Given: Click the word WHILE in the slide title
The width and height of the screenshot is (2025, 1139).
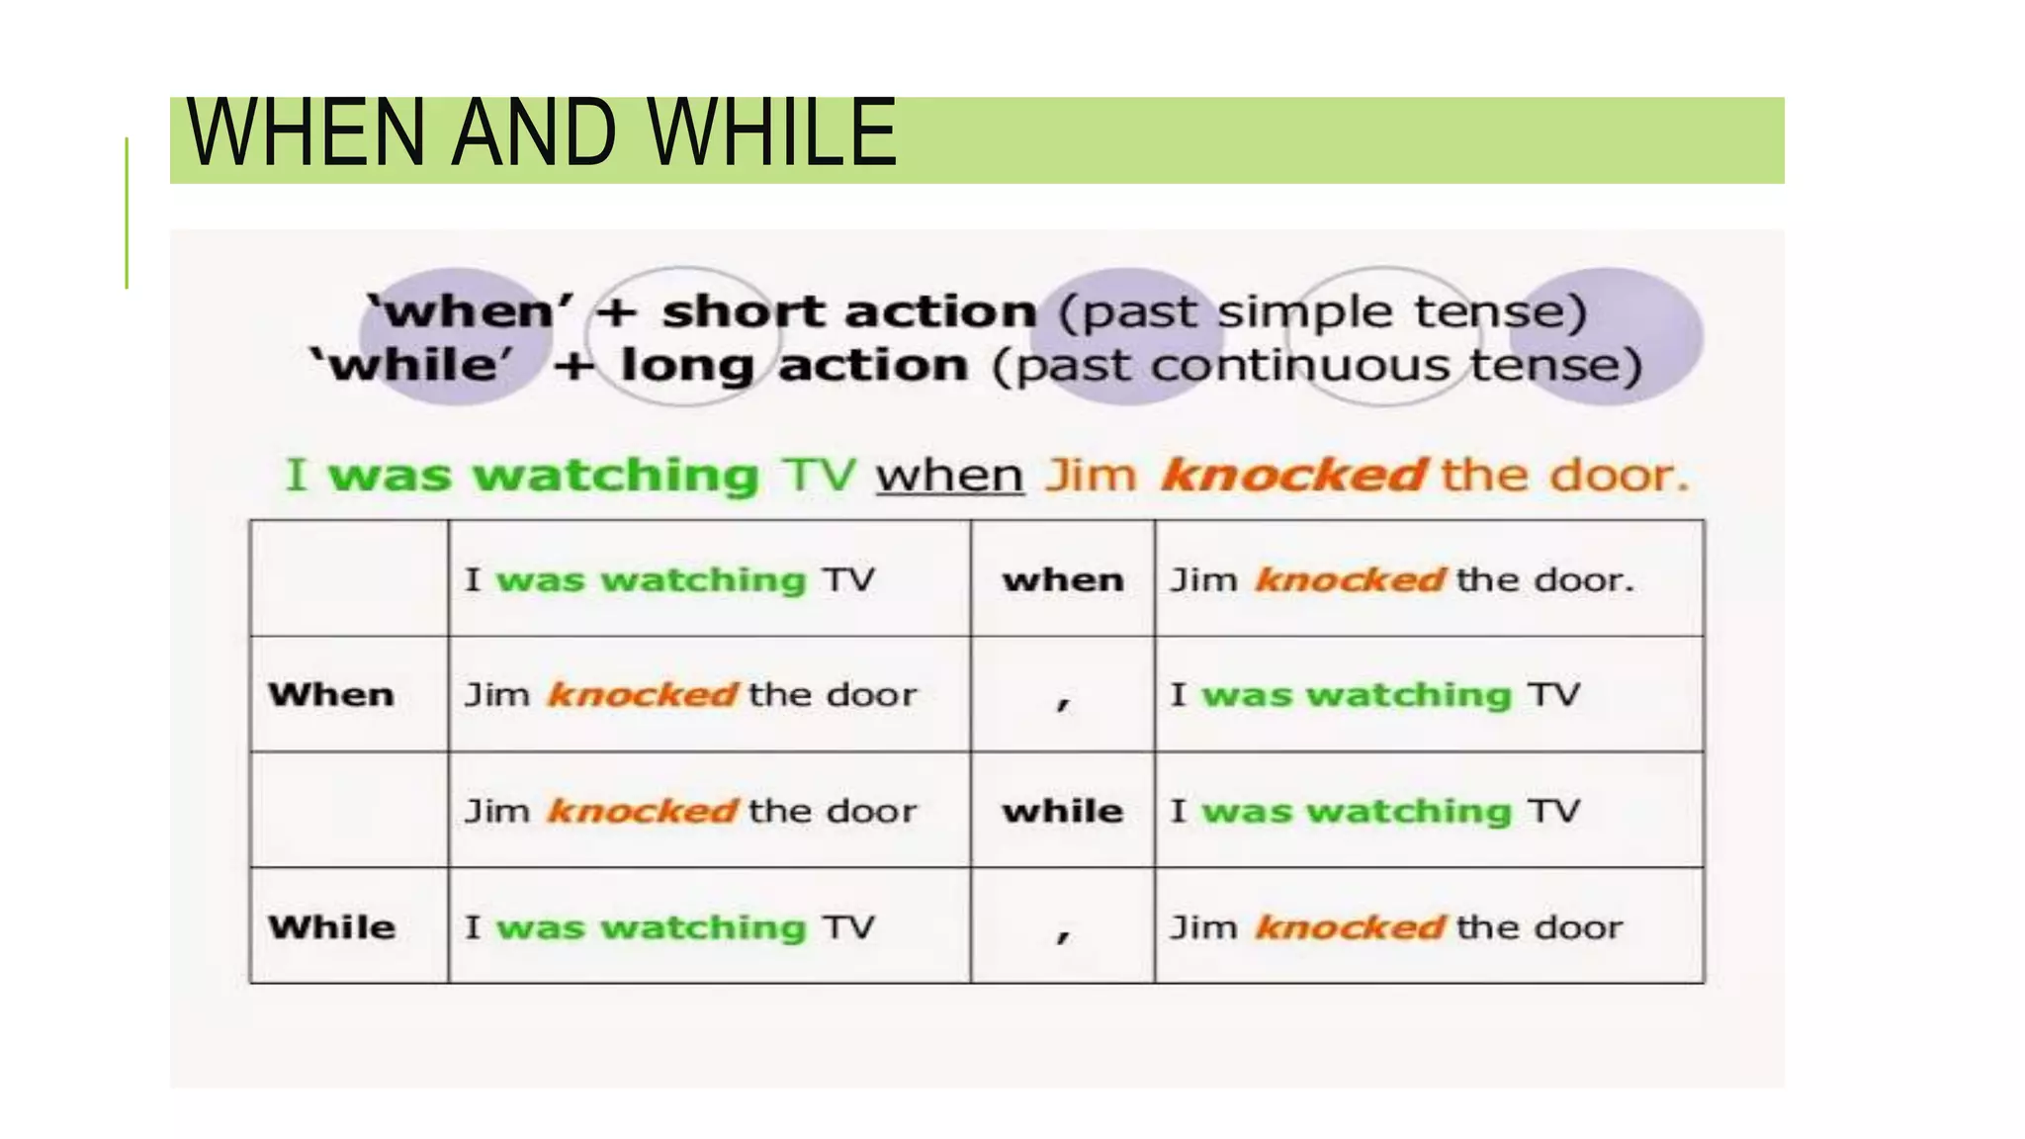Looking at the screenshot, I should tap(773, 133).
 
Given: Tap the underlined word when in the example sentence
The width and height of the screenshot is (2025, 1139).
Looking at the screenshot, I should tap(949, 476).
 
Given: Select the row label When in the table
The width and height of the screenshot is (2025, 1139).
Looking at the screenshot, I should tap(331, 695).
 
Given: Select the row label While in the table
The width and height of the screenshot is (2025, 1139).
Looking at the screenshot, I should tap(331, 927).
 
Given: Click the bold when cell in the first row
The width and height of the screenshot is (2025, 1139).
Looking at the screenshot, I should tap(1063, 579).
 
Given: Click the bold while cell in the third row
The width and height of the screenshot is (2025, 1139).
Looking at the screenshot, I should tap(1063, 812).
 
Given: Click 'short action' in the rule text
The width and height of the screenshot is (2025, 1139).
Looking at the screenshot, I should tap(848, 312).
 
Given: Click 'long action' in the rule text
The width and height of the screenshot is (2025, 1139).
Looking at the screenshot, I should tap(793, 366).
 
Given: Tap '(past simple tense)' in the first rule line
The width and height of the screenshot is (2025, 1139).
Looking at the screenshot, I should tap(1323, 312).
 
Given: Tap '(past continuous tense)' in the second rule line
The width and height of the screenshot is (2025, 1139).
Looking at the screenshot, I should tap(1317, 366).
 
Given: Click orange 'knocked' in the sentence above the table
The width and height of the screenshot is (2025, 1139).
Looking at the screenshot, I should tap(1293, 476).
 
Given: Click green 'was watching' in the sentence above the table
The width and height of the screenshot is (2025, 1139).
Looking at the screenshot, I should tap(543, 476).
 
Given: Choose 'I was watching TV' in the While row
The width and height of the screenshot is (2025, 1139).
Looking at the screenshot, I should tap(670, 927).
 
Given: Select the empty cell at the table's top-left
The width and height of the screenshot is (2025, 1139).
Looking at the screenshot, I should tap(349, 578).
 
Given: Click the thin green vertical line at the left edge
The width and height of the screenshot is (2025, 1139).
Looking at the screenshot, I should tap(127, 213).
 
